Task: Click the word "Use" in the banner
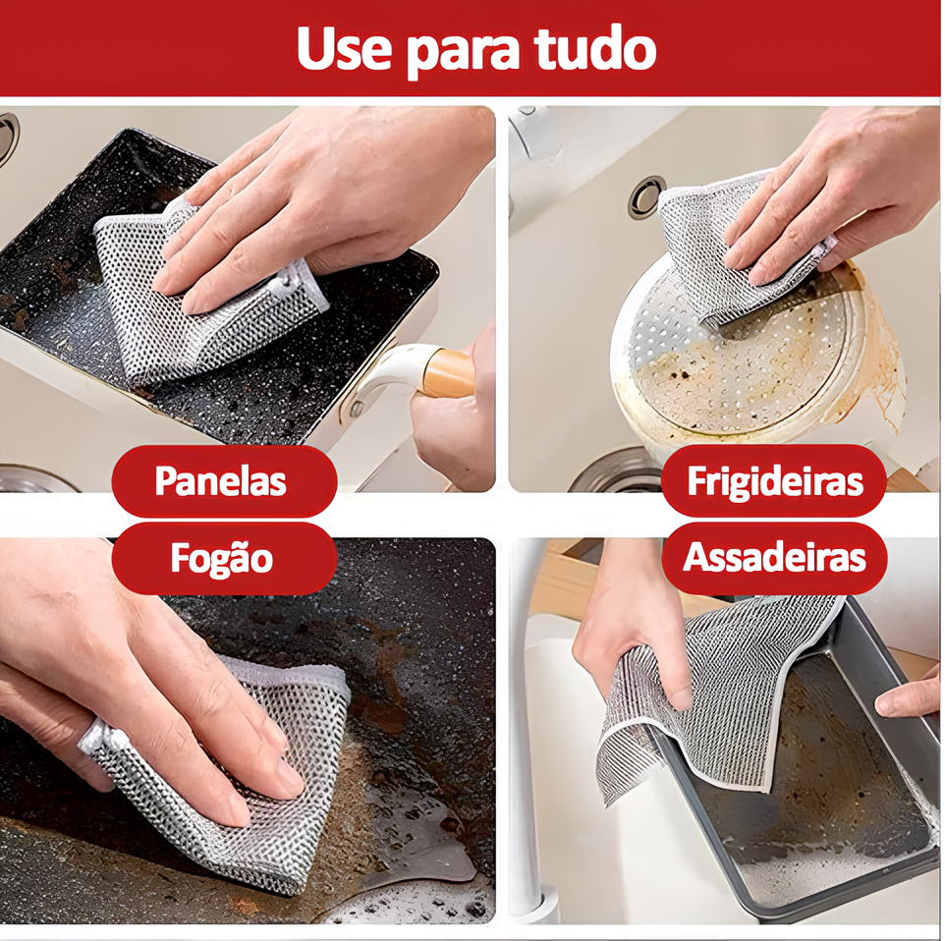[344, 47]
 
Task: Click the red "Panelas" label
[224, 480]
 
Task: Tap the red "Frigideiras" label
[774, 481]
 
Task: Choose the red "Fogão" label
[224, 558]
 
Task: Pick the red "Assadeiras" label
[774, 558]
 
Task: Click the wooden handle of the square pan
[448, 373]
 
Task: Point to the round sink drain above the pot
[645, 197]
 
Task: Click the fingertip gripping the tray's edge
[906, 698]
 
